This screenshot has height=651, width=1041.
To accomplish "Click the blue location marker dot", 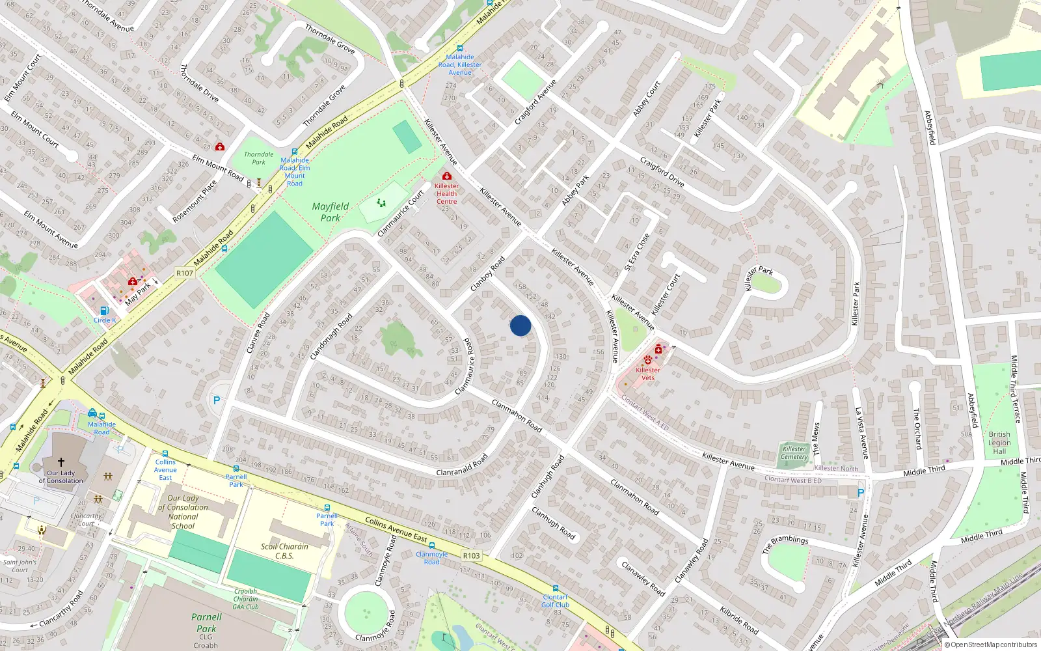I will click(520, 325).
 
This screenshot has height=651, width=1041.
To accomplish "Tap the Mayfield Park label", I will click(331, 212).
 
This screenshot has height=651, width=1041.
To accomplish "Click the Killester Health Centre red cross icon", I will click(447, 176).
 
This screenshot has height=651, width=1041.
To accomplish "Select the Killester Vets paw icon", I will click(648, 359).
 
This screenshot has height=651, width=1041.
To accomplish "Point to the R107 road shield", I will click(185, 273).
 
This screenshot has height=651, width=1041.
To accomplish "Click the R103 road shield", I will click(472, 555).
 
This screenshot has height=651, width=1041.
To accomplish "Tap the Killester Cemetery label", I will click(794, 452).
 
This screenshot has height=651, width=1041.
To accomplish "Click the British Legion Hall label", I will click(999, 443).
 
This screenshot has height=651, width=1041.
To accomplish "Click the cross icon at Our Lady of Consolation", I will click(61, 462).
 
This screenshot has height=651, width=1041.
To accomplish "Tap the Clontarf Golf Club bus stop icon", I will click(556, 589).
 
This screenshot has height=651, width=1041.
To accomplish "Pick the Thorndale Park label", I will click(259, 158).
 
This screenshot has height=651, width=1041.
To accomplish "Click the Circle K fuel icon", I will click(104, 311).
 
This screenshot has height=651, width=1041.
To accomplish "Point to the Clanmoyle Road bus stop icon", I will click(432, 546).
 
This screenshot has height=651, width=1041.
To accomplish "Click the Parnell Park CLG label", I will click(206, 628).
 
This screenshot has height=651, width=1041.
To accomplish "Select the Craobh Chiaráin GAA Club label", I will click(246, 599).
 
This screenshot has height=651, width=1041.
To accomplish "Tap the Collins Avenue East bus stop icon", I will click(165, 454).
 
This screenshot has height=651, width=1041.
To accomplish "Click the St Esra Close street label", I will click(637, 252).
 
